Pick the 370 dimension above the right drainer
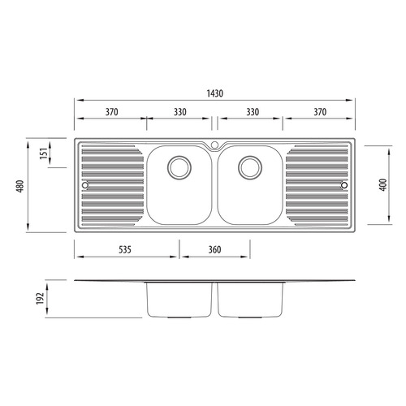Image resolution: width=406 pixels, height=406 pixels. [318, 112]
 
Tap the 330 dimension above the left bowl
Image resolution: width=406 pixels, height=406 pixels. [179, 112]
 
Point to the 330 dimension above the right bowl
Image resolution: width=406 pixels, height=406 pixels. [248, 112]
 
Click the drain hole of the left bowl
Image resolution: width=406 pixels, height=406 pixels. [179, 167]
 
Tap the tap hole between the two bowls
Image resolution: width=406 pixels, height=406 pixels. [214, 145]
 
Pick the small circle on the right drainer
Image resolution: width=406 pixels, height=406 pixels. [344, 186]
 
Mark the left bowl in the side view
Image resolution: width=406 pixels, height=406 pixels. [179, 300]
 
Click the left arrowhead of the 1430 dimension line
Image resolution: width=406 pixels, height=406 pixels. [77, 101]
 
